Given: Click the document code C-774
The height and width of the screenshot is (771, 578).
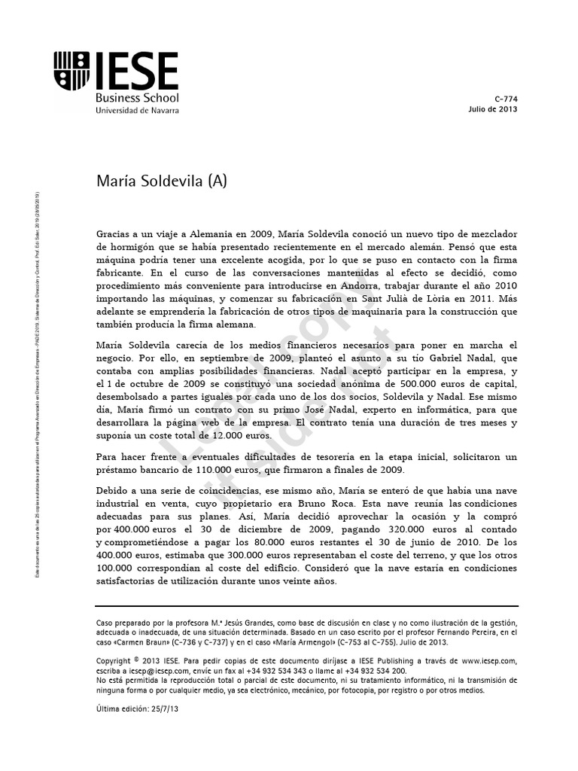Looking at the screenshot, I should [x=506, y=99].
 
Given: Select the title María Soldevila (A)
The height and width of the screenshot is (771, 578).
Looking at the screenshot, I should [x=162, y=181].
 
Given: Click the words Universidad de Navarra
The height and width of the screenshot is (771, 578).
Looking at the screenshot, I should [x=137, y=110].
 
